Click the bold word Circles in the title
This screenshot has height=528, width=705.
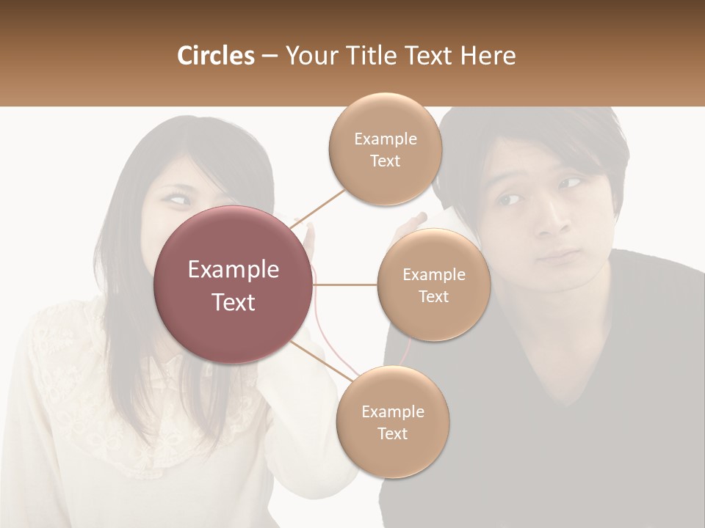click(x=215, y=56)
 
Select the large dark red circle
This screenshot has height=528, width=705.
click(x=233, y=285)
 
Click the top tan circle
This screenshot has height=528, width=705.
click(x=385, y=149)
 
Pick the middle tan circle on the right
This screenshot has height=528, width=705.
click(x=433, y=285)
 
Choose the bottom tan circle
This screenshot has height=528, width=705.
click(x=392, y=422)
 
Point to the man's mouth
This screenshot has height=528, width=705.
click(x=559, y=256)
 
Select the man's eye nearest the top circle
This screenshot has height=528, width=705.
click(x=508, y=198)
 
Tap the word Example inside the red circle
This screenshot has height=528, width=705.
click(x=233, y=270)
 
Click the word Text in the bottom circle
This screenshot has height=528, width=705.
click(x=392, y=433)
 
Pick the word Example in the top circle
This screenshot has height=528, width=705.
click(x=385, y=139)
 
